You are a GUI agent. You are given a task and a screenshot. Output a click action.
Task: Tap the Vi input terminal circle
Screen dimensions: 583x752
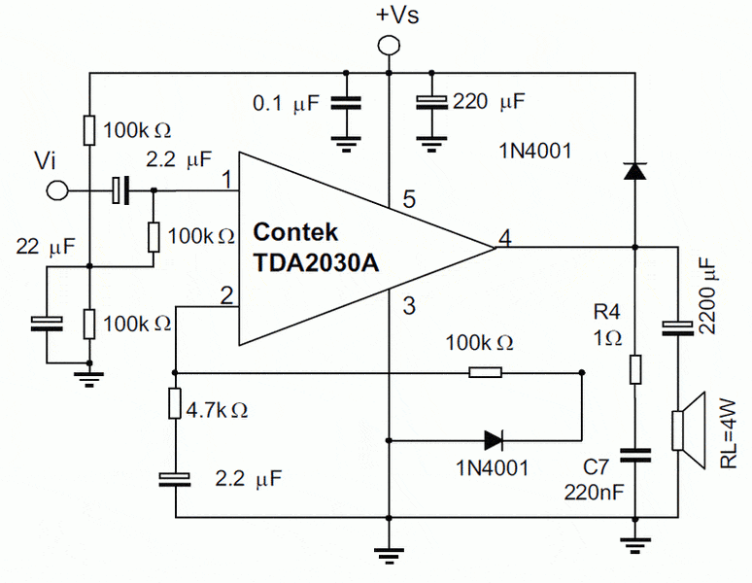59,189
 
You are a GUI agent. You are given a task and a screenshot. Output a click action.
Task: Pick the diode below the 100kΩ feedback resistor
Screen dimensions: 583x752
494,440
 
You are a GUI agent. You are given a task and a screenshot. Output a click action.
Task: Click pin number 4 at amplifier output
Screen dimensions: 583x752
505,236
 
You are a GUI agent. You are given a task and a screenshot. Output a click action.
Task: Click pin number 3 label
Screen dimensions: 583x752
409,307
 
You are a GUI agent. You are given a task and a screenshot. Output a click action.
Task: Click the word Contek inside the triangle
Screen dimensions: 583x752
295,233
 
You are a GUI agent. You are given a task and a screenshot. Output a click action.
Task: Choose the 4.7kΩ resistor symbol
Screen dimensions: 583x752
176,402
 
